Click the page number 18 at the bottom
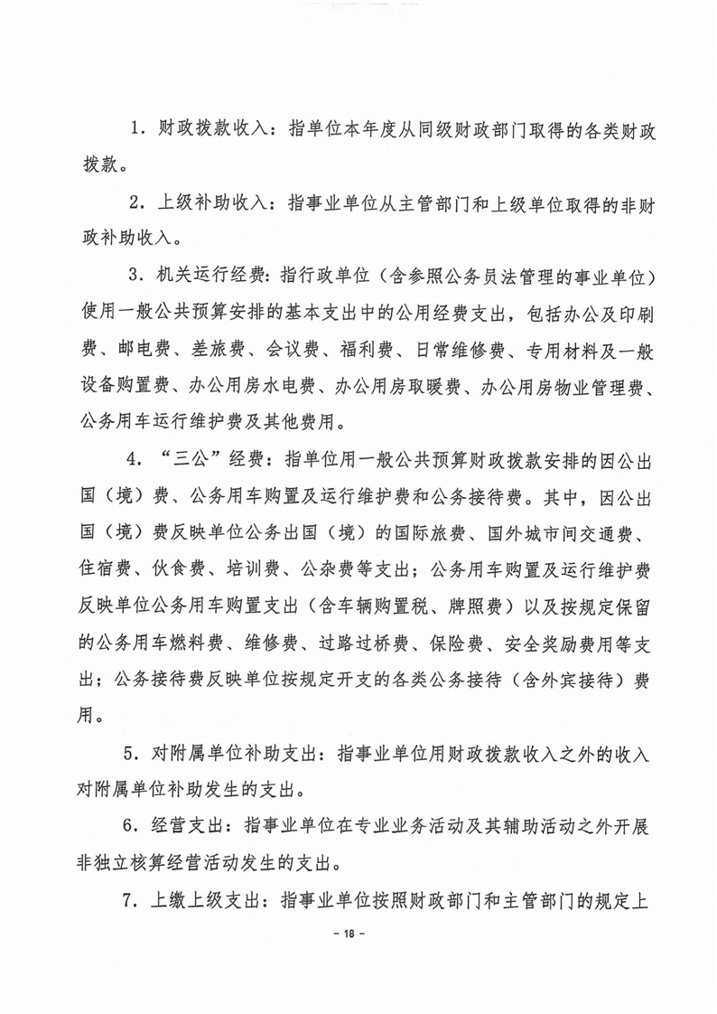[x=358, y=933]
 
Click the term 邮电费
[x=135, y=349]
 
